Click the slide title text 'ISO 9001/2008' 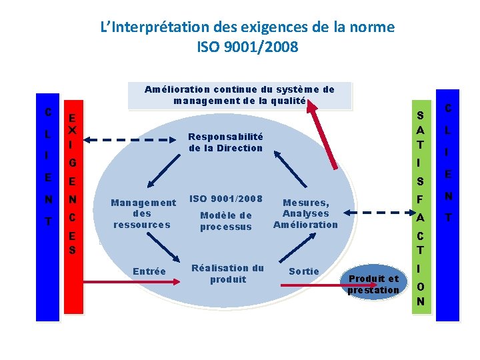pyautogui.click(x=247, y=47)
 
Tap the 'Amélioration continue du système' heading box pyautogui.click(x=239, y=95)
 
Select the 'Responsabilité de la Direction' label pyautogui.click(x=225, y=142)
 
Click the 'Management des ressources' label pyautogui.click(x=143, y=213)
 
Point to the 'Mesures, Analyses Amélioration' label pyautogui.click(x=305, y=213)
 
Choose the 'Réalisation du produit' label pyautogui.click(x=227, y=273)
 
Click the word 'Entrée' pyautogui.click(x=149, y=271)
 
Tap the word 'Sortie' pyautogui.click(x=303, y=271)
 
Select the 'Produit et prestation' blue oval pyautogui.click(x=373, y=284)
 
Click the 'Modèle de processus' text pyautogui.click(x=226, y=221)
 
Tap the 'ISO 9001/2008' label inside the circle pyautogui.click(x=226, y=198)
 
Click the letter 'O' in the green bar pyautogui.click(x=420, y=286)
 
